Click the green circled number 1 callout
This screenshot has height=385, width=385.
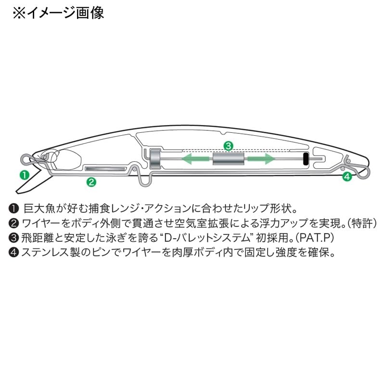pos(25,175)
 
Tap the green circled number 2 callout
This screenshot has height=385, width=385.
pos(91,182)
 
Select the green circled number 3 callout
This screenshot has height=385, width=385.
pos(228,146)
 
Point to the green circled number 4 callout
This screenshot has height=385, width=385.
pos(347,176)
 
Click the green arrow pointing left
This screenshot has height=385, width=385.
pos(195,159)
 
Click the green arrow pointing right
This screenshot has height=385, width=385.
pos(261,159)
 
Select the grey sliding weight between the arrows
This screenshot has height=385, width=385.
pos(228,159)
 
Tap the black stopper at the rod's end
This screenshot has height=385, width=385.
pos(306,158)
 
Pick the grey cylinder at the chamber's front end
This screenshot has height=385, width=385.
pos(155,158)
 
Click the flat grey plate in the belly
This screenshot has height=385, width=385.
pos(105,169)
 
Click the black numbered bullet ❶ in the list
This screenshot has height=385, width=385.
pos(14,209)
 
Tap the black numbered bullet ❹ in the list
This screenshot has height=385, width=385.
pos(14,252)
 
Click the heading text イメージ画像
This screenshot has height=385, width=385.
pos(65,13)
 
